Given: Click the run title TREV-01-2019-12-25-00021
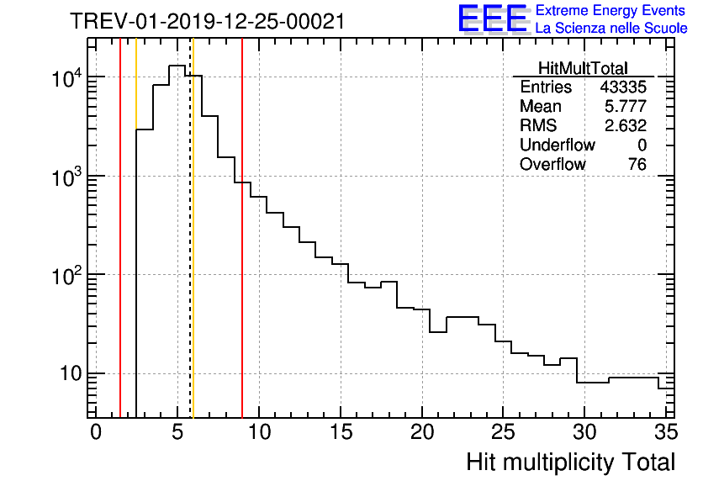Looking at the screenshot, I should (207, 22).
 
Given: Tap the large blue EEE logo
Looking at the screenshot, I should (492, 18).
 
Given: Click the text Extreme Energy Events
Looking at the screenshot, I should (611, 11).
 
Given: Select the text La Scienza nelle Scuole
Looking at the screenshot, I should (611, 29).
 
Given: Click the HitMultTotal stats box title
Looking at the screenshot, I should (583, 69).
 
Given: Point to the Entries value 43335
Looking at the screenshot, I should (623, 87).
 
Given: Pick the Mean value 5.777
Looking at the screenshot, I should (626, 107).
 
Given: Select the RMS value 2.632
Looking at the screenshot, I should (626, 126).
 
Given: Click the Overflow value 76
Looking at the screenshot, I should (637, 165).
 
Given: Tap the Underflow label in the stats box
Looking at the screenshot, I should (557, 145).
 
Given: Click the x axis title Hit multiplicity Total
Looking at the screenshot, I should (570, 462).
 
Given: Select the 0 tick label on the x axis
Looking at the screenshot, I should (96, 431).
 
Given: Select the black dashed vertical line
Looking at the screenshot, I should (190, 252).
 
